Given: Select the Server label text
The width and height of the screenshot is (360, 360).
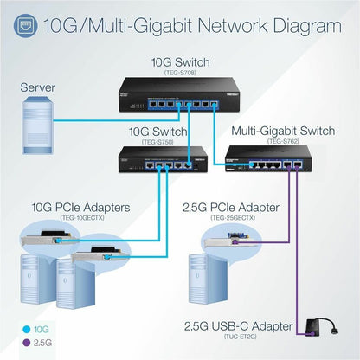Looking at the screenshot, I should [x=42, y=87].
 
